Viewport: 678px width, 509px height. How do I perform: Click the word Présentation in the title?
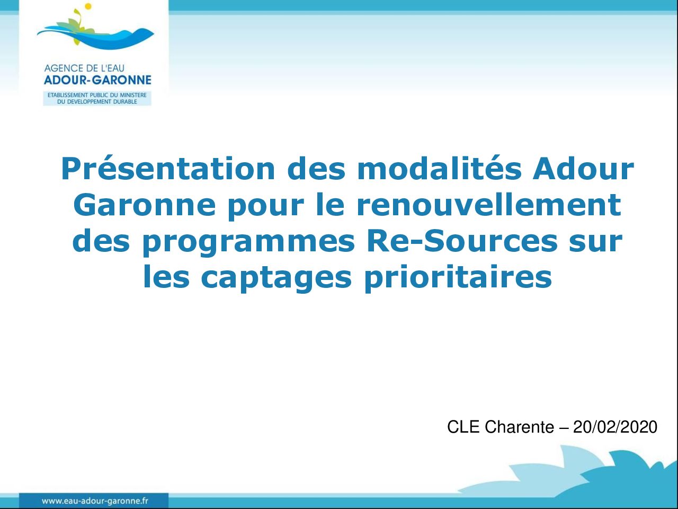point(168,169)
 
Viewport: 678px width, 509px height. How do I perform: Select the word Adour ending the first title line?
point(584,169)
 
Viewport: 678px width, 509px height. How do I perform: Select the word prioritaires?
point(458,277)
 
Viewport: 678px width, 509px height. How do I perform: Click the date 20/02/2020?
point(615,427)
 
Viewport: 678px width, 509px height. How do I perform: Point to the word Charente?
point(520,427)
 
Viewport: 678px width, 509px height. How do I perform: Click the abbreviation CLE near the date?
point(463,427)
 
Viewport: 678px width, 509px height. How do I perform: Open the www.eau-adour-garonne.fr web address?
point(95,501)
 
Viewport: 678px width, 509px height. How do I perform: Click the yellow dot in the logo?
point(88,6)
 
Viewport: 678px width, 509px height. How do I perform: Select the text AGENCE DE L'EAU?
point(84,68)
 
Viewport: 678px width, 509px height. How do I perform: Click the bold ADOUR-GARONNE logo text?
point(97,80)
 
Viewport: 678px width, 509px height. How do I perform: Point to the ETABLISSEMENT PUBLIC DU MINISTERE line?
point(97,95)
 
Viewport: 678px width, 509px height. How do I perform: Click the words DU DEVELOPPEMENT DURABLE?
point(97,102)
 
